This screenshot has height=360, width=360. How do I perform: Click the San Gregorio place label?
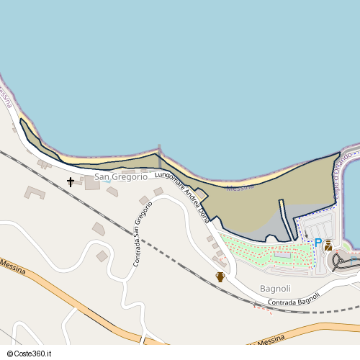point(120,176)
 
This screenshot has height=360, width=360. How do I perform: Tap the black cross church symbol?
point(71,182)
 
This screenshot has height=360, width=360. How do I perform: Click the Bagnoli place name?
point(275,289)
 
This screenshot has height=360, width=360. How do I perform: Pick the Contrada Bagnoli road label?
point(293,301)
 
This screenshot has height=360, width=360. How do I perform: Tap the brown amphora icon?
point(220,277)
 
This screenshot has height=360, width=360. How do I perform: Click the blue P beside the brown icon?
point(318,243)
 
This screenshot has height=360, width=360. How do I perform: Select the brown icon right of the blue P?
point(328,245)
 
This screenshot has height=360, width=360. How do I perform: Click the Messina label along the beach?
point(240,188)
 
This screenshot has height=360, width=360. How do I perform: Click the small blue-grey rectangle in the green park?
point(282,254)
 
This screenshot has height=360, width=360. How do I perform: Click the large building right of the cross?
point(92,183)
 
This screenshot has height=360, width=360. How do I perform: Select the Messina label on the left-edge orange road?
point(14,267)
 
